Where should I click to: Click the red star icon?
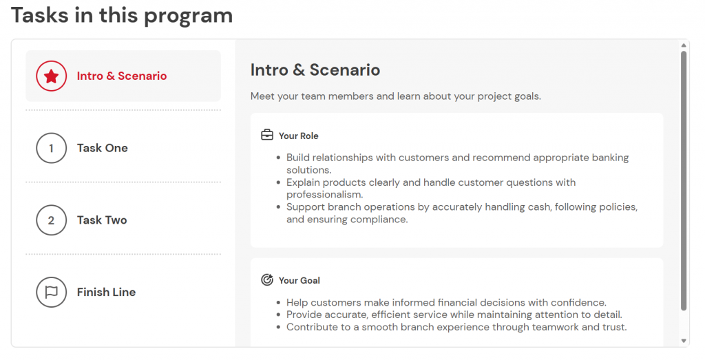(x=51, y=76)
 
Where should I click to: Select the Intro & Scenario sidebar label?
(x=122, y=76)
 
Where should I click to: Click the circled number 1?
(x=51, y=148)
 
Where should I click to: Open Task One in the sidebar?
(x=102, y=148)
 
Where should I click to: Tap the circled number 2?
(x=51, y=220)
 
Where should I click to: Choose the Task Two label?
(x=102, y=220)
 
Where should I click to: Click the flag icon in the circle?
(x=51, y=292)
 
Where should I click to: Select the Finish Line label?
(x=106, y=292)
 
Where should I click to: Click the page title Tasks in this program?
(x=122, y=15)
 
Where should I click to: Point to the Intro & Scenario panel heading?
(x=315, y=70)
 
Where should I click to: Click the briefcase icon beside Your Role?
(x=267, y=136)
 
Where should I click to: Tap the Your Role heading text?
(x=298, y=136)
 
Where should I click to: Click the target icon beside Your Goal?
(x=267, y=280)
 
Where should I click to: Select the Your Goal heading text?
(x=299, y=281)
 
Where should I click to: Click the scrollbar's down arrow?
(x=684, y=341)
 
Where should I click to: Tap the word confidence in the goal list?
(x=580, y=302)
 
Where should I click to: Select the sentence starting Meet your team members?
(x=395, y=96)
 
